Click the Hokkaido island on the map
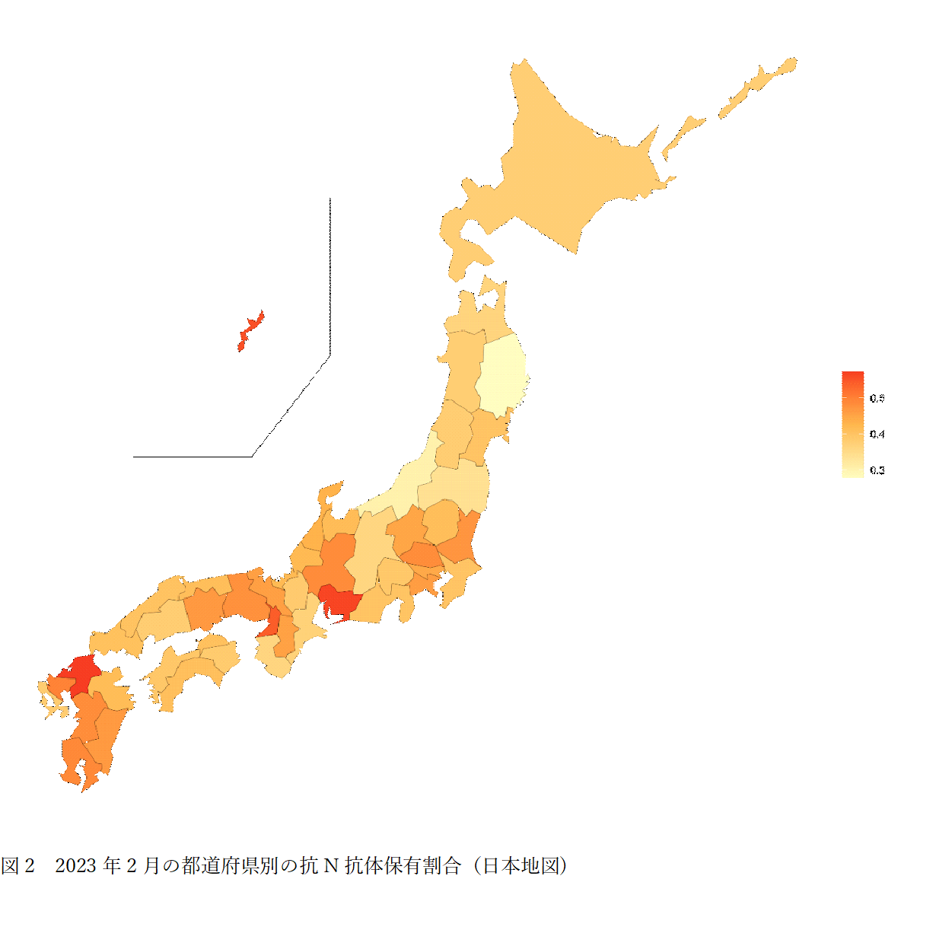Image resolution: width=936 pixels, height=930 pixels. pyautogui.click(x=563, y=175)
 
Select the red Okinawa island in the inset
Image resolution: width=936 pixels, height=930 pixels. pyautogui.click(x=250, y=330)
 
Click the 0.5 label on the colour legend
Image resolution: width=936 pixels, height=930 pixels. pyautogui.click(x=877, y=398)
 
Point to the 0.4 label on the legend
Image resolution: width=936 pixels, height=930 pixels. pyautogui.click(x=877, y=434)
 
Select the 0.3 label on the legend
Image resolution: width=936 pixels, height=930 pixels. pyautogui.click(x=877, y=470)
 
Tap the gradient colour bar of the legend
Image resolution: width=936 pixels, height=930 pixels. pyautogui.click(x=852, y=424)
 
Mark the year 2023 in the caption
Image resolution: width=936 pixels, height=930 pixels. pyautogui.click(x=76, y=865)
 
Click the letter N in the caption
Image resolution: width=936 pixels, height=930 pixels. pyautogui.click(x=331, y=865)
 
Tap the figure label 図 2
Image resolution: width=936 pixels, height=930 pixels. pyautogui.click(x=18, y=865)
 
